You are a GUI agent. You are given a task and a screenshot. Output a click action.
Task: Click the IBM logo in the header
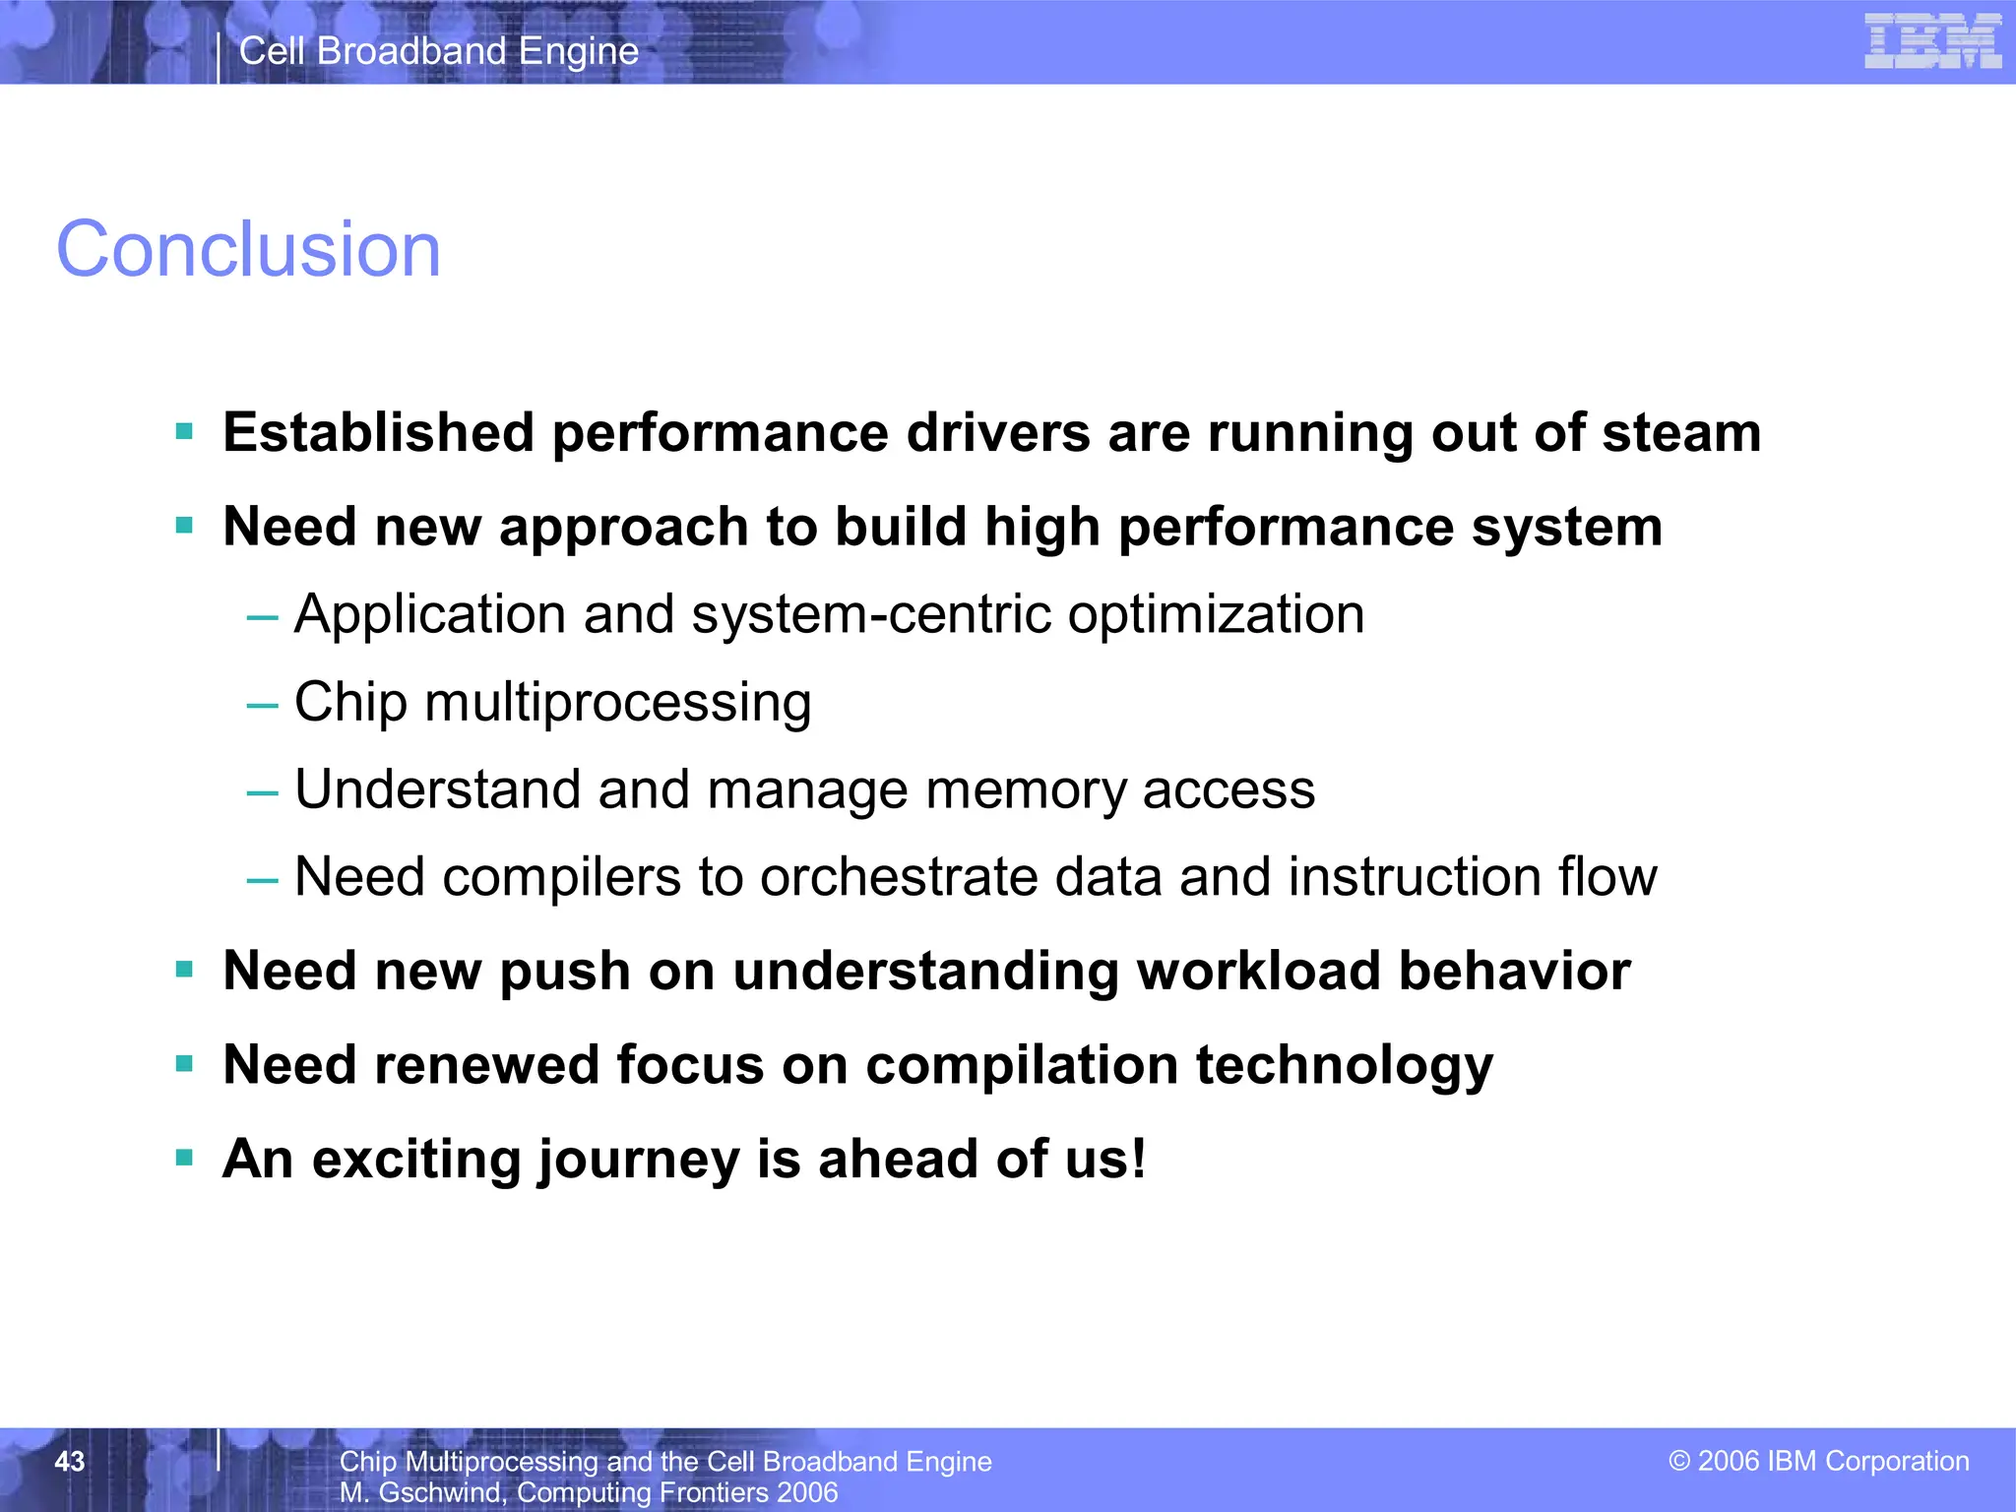1931,41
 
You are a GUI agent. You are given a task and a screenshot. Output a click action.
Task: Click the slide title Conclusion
248,249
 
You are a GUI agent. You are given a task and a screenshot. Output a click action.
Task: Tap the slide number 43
69,1461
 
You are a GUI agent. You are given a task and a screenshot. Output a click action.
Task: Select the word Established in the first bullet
378,433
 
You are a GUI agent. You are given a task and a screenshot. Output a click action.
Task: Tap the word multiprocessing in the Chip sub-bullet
618,703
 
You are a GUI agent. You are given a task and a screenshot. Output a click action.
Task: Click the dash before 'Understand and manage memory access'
262,792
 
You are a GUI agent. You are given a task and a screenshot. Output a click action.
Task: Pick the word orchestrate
898,877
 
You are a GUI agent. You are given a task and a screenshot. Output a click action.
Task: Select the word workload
1258,971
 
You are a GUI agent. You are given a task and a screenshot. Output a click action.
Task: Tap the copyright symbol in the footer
1678,1461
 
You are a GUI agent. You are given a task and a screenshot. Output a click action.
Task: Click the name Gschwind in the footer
440,1493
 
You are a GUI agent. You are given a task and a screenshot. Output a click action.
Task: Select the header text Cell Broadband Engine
439,51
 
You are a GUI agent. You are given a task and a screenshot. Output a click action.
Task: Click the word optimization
1216,615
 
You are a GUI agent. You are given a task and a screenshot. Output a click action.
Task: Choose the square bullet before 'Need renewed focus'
184,1063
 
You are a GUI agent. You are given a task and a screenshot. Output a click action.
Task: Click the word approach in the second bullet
622,529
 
